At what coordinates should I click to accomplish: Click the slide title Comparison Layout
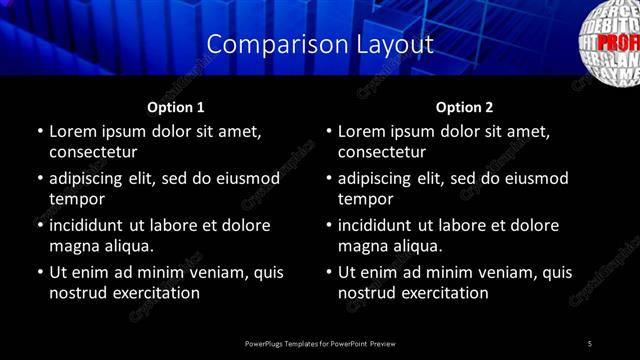(320, 45)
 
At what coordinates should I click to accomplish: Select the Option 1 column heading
(175, 107)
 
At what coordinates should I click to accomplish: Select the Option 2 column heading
(464, 107)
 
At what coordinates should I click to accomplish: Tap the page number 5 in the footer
(590, 344)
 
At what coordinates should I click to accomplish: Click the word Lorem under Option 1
(74, 131)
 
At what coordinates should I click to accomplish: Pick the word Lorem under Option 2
(363, 131)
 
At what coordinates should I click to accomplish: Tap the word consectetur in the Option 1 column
(92, 152)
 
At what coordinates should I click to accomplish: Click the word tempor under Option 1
(72, 199)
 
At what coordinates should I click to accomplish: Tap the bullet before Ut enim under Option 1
(39, 272)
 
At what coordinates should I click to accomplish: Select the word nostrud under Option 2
(367, 293)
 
